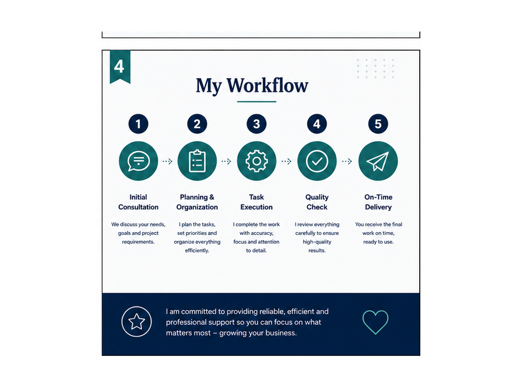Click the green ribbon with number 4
pos(120,67)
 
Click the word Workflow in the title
pos(267,85)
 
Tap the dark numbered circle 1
pos(139,124)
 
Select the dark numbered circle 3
pos(256,124)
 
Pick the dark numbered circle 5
pos(378,124)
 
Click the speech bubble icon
pos(139,161)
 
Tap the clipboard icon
pos(197,161)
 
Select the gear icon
pos(256,161)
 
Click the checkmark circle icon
pos(317,161)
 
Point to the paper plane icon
pos(378,161)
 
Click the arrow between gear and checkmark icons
pos(286,161)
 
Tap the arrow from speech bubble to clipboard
pos(168,161)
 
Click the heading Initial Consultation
pos(139,202)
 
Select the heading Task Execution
pos(256,202)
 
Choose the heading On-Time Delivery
pos(378,202)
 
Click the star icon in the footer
pos(136,322)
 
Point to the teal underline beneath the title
pos(256,101)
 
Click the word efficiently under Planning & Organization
pos(197,250)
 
